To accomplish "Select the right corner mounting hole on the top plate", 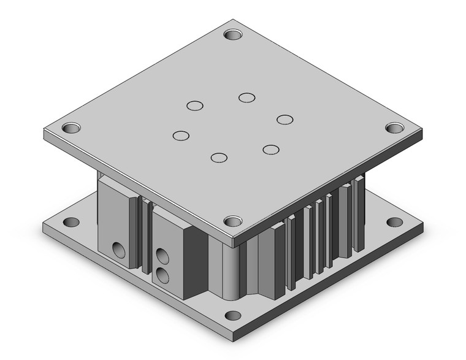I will [x=392, y=128].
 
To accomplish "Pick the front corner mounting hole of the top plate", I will [x=232, y=221].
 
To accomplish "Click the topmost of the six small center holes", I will [x=247, y=98].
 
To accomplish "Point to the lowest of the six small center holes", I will [x=218, y=158].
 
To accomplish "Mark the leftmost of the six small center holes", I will [x=180, y=136].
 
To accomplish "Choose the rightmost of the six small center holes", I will [x=283, y=119].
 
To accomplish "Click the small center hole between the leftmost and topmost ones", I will [x=195, y=106].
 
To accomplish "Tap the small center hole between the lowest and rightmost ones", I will [x=270, y=149].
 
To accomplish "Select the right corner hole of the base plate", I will [x=392, y=222].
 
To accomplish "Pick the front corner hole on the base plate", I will [x=232, y=316].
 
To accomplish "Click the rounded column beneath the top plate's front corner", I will [x=225, y=270].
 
